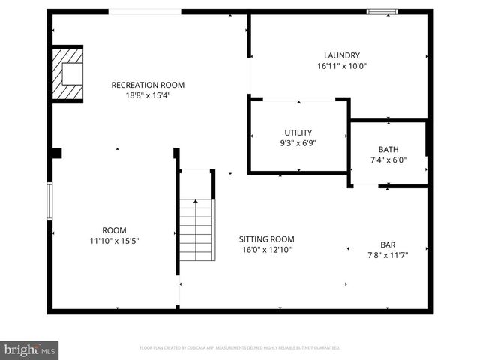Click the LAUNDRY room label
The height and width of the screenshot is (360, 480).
pyautogui.click(x=342, y=55)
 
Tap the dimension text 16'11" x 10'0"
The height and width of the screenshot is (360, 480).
pyautogui.click(x=342, y=66)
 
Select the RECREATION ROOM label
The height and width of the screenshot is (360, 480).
pyautogui.click(x=148, y=85)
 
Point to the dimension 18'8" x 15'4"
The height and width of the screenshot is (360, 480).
pyautogui.click(x=148, y=95)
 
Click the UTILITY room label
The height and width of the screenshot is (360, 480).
pyautogui.click(x=298, y=133)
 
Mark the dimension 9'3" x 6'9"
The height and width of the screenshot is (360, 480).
pyautogui.click(x=298, y=143)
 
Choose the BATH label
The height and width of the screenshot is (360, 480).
pyautogui.click(x=388, y=149)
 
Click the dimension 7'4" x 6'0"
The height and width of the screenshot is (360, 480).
pyautogui.click(x=388, y=160)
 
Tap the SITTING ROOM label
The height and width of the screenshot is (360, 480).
pyautogui.click(x=267, y=239)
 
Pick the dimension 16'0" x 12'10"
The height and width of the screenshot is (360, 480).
pyautogui.click(x=267, y=250)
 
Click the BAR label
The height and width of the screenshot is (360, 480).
pyautogui.click(x=388, y=244)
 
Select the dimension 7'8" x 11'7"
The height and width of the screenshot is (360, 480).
pyautogui.click(x=388, y=255)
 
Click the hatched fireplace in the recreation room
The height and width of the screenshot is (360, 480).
pyautogui.click(x=67, y=73)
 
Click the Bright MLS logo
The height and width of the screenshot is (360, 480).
pyautogui.click(x=30, y=349)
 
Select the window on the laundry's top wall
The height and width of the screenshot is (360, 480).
pyautogui.click(x=382, y=12)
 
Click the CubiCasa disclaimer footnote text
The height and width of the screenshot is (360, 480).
pyautogui.click(x=240, y=348)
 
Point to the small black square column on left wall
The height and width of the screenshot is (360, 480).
pyautogui.click(x=56, y=153)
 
